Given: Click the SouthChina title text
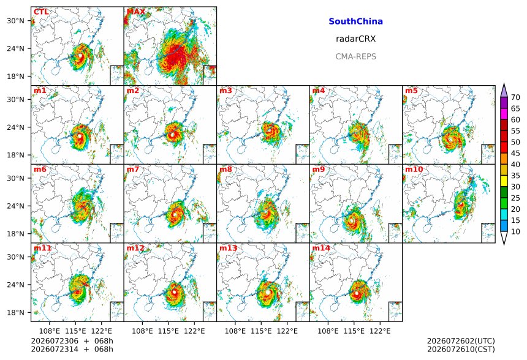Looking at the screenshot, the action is coord(355,21).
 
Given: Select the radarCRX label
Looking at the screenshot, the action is coord(355,39).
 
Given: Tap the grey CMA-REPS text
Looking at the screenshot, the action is coord(355,56).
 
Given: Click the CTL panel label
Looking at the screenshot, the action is coord(41,12).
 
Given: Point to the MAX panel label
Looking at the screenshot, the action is coord(136,12).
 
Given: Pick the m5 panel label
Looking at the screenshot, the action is coord(411,91).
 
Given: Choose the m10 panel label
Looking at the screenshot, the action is coord(414,169).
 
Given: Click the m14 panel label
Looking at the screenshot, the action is coord(321,248).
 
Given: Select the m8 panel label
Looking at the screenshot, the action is coord(226,169).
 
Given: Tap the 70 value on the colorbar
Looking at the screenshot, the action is coord(515,97).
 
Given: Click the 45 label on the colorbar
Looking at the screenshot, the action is coord(515,154).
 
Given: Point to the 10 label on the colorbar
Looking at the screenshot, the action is coord(515,231).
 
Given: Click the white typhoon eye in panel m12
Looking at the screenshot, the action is coord(175,292).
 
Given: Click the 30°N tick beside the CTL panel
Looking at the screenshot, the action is coord(15,21).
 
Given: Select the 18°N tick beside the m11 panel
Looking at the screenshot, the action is coord(15,313).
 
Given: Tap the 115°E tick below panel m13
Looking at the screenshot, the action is coord(261,331).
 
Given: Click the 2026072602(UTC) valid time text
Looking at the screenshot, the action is coord(461,341).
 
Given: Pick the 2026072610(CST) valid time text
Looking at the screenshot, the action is coord(461,349).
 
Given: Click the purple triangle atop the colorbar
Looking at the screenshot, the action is coord(504,90).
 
